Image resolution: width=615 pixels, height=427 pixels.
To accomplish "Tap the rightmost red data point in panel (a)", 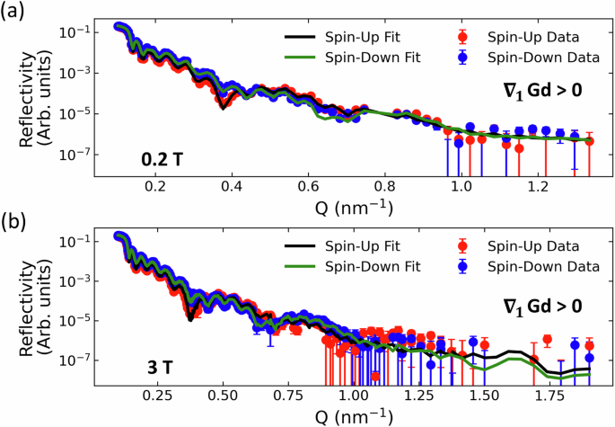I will point(590,141).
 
